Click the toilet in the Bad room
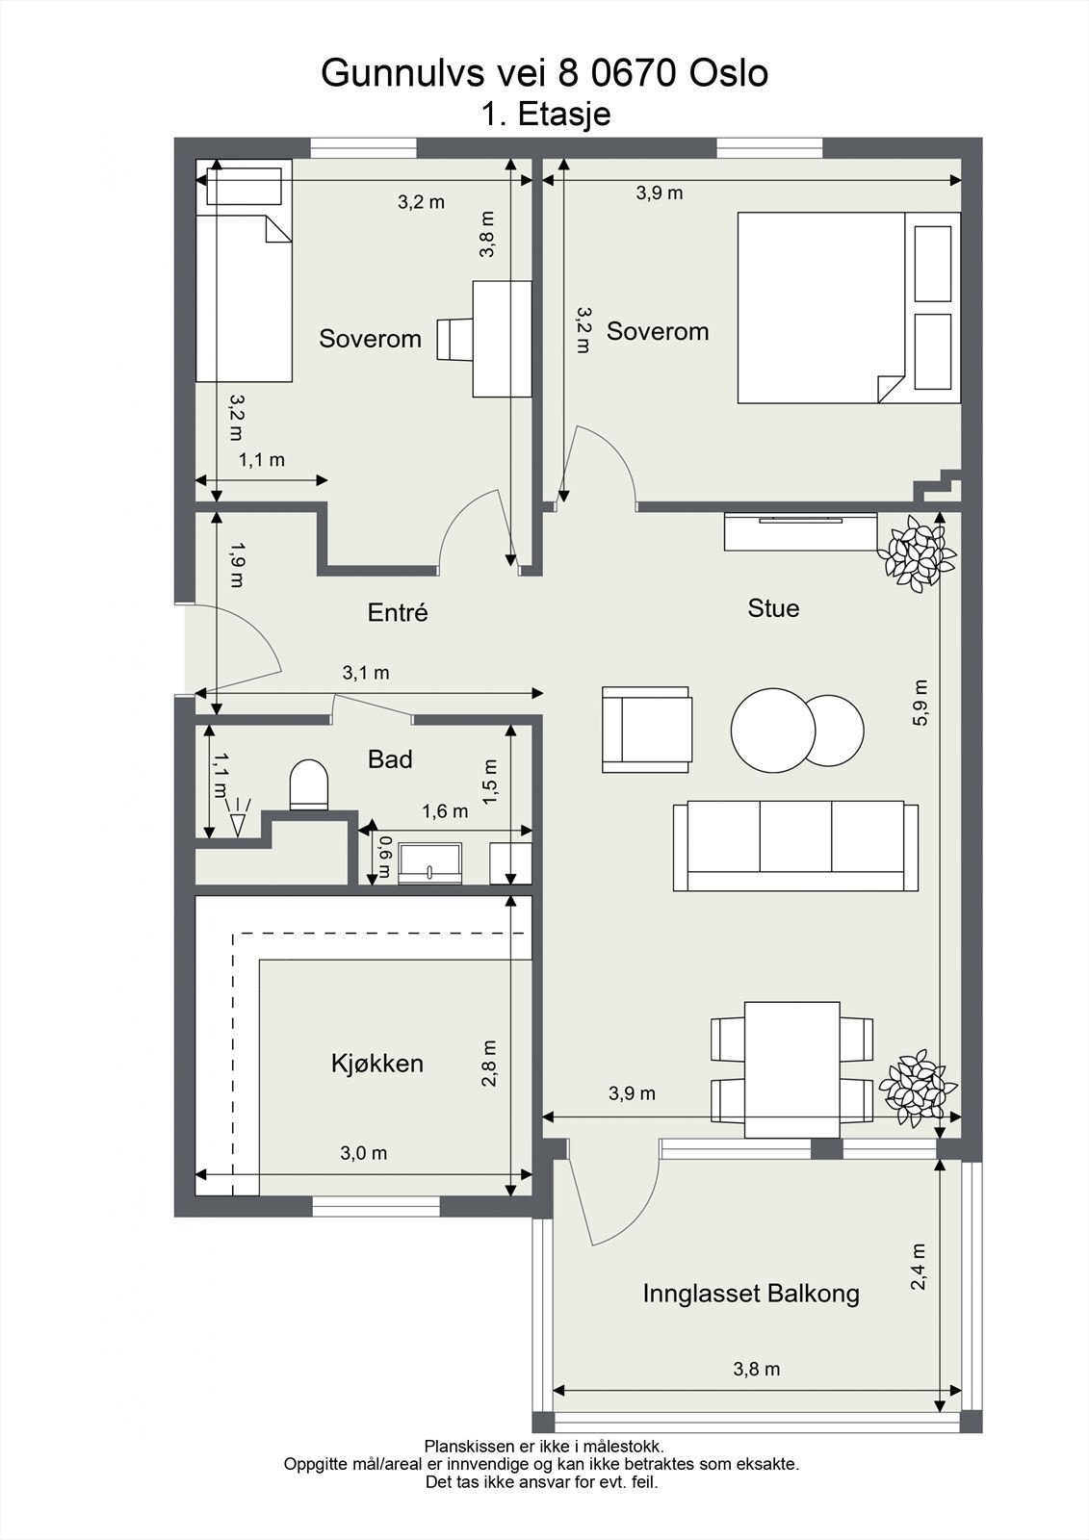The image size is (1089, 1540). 309,784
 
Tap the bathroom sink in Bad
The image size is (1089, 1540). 430,864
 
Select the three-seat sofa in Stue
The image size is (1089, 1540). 795,846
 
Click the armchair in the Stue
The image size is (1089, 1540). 647,730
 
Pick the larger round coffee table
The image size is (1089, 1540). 772,731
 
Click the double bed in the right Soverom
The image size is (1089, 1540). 849,307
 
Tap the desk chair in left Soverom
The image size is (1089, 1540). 454,339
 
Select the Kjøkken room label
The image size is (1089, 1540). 377,1064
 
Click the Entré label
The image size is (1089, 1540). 398,612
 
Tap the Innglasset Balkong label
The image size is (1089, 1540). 751,1294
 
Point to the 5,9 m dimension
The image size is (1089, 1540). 921,702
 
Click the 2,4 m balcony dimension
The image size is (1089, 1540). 920,1267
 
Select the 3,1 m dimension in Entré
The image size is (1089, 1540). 366,673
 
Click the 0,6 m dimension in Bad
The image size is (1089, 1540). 384,857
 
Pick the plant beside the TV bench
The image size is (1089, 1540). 916,553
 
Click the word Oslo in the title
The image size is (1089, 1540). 729,73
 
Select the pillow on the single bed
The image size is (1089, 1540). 245,186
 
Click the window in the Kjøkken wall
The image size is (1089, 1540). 376,1206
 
